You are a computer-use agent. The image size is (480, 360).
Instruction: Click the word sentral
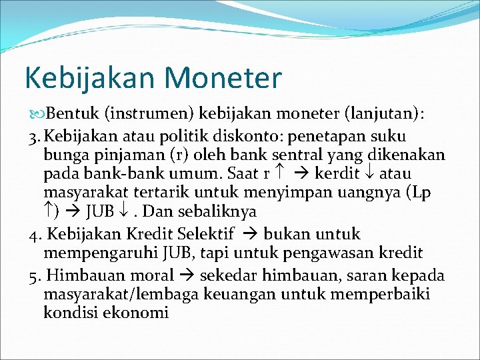tap(297, 155)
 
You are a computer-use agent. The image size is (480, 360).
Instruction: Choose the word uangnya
tap(361, 193)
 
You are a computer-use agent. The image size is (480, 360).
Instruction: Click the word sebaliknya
tap(218, 211)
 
